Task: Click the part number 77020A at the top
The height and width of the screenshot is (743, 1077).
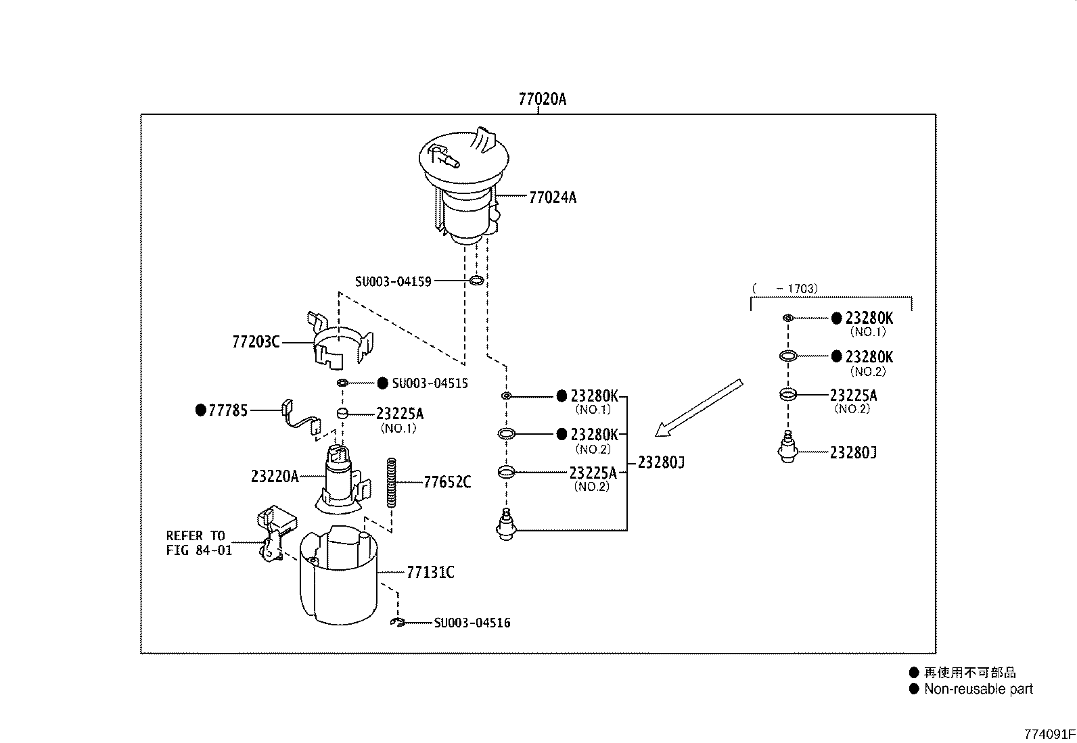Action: [542, 99]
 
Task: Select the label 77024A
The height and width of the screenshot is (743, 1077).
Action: [553, 197]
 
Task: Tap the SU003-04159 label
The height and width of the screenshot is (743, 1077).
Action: [393, 281]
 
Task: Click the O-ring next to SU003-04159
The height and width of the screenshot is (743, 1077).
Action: [476, 280]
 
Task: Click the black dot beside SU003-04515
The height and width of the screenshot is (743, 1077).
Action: [382, 383]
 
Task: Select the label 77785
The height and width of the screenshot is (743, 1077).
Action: [228, 410]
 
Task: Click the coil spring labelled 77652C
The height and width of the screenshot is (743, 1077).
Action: [392, 483]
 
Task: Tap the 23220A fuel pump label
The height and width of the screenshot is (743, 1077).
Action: [275, 476]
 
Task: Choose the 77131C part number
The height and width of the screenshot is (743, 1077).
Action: [430, 572]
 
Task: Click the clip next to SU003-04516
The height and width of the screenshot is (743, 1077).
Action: [397, 623]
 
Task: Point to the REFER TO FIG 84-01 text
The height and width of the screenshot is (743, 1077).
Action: [199, 543]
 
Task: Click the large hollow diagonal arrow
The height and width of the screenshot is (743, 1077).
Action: [699, 408]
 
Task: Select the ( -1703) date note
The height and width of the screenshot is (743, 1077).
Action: [785, 289]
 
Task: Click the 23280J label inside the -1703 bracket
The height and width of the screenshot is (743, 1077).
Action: [853, 452]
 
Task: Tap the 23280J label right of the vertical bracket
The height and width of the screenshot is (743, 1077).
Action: [661, 462]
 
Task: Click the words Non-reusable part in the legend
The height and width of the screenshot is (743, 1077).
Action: [978, 689]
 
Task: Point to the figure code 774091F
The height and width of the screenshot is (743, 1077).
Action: [1049, 734]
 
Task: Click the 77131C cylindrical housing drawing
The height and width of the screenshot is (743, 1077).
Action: [338, 575]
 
